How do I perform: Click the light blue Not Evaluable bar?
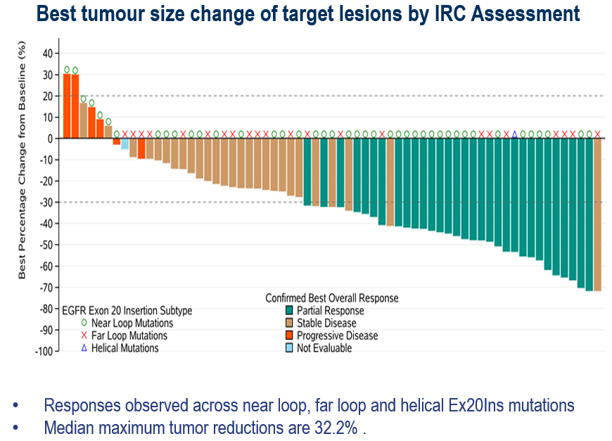[x=125, y=143]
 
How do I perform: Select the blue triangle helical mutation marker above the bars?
[x=515, y=134]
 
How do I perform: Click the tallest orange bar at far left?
[x=67, y=106]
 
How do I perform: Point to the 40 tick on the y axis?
[x=47, y=53]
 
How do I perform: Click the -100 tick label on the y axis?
[x=44, y=351]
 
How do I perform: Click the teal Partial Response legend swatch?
[x=288, y=310]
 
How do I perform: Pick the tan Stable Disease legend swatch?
[x=288, y=323]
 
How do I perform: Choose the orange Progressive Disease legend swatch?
[x=288, y=335]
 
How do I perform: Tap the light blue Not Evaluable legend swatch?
[x=288, y=348]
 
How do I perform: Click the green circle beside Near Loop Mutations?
[x=84, y=323]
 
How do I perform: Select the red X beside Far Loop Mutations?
[x=84, y=335]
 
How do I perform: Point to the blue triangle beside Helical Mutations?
[x=84, y=347]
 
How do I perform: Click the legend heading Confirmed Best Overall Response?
[x=331, y=298]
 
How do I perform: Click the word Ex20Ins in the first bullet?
[x=447, y=406]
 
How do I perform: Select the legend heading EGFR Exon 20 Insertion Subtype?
[x=127, y=310]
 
